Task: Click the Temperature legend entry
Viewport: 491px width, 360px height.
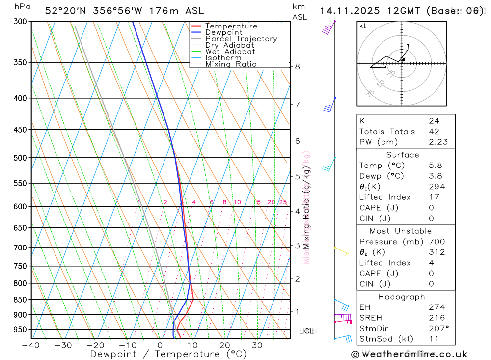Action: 231,26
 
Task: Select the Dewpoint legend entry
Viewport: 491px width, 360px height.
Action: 223,32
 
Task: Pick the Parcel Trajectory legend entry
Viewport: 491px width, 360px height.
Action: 241,39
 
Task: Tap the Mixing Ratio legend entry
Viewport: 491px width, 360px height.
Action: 231,64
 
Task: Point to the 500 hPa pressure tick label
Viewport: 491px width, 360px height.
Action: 20,158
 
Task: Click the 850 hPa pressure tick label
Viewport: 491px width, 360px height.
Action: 20,300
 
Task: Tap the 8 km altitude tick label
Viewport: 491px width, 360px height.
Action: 297,66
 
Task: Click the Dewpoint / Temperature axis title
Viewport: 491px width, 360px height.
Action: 168,354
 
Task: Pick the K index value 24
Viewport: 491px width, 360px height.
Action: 434,121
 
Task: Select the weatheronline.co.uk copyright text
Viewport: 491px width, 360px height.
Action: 409,354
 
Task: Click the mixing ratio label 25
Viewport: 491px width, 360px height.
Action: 283,202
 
